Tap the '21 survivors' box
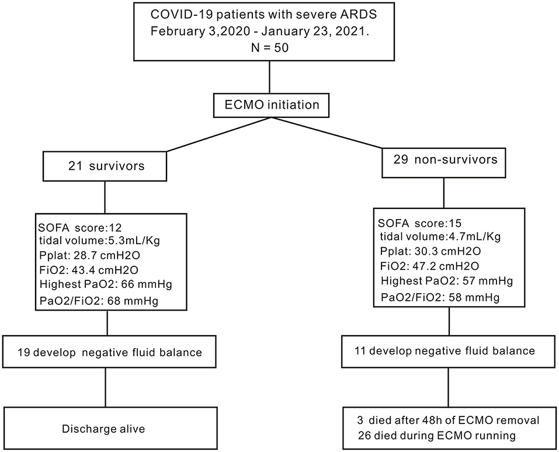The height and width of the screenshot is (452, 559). [106, 167]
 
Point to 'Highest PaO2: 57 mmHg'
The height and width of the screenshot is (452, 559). [446, 281]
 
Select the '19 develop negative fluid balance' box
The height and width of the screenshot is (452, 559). [106, 352]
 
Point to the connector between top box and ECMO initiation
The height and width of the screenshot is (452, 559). [269, 78]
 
